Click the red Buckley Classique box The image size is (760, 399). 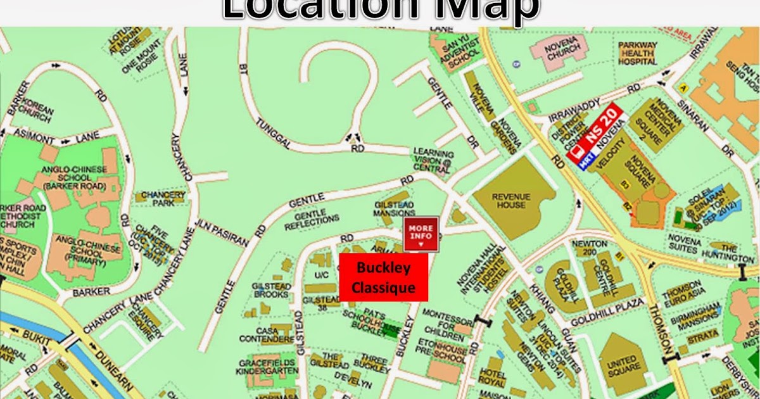(x=384, y=277)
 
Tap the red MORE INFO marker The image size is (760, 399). (x=421, y=233)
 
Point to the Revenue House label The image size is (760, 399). (x=510, y=200)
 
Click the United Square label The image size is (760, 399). (x=622, y=364)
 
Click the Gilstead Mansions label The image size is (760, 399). (x=394, y=210)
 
